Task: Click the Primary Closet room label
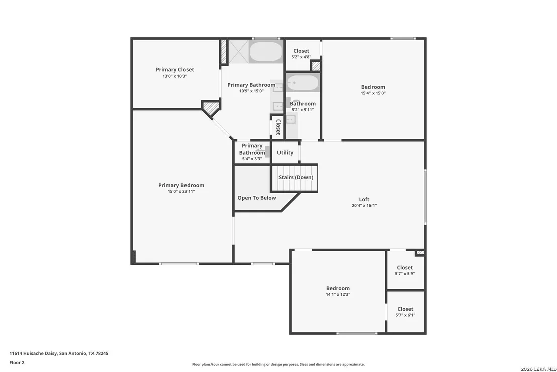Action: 175,69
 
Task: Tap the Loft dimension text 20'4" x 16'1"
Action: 364,205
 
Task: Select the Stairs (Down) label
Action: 296,177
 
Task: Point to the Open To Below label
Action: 257,198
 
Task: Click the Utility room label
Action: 285,152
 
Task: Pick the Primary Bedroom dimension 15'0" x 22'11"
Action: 181,191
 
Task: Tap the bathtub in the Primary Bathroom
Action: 266,52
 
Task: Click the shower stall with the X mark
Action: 238,51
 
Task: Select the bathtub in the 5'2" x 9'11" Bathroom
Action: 303,83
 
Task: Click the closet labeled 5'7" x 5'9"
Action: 405,270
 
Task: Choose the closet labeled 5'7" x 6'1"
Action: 405,312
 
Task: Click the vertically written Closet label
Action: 278,127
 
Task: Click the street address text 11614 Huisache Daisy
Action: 33,353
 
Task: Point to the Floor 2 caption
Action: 17,363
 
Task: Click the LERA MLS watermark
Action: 538,369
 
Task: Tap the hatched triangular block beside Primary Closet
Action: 211,108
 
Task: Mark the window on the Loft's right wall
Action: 425,197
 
